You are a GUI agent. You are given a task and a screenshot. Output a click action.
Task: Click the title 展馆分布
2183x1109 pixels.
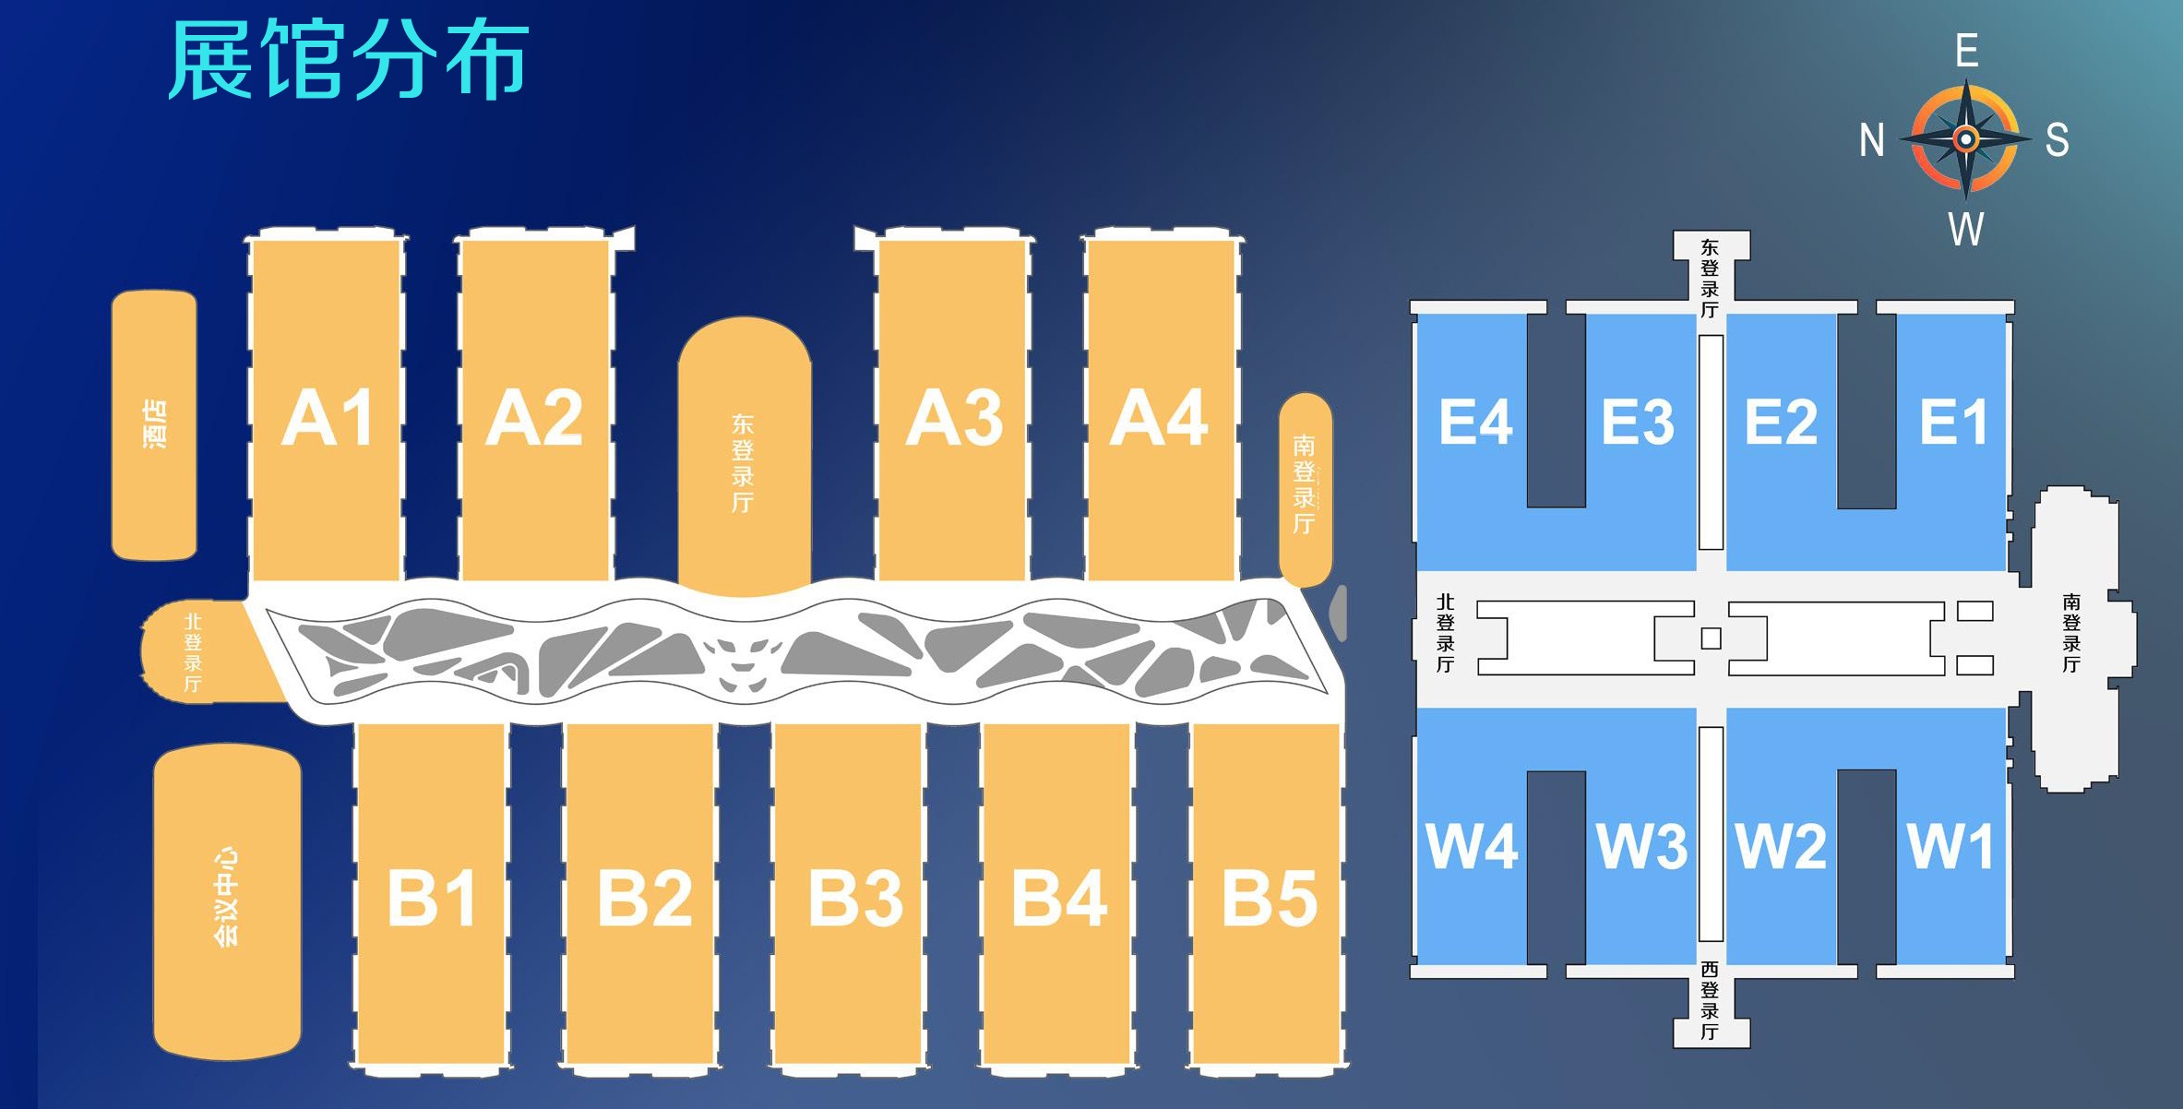tap(348, 60)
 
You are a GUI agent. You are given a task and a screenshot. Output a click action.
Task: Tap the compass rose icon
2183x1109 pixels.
tap(1966, 139)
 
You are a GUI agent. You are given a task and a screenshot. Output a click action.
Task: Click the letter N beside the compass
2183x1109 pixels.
tap(1872, 140)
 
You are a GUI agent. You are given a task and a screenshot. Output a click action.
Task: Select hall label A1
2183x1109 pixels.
tap(328, 418)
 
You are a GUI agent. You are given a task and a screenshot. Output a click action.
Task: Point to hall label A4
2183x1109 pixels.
tap(1159, 418)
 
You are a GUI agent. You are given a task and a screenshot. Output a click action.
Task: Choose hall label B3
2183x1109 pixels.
tap(855, 898)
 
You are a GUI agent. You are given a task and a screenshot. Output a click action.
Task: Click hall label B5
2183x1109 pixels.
tap(1270, 898)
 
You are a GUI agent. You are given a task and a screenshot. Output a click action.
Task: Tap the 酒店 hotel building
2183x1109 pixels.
tap(154, 425)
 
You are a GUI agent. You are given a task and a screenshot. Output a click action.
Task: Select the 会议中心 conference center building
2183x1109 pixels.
tap(227, 901)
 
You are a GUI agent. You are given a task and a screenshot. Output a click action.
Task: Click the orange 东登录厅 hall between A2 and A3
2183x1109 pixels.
tap(745, 457)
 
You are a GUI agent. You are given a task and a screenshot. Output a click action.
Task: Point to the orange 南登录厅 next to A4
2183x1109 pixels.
tap(1306, 490)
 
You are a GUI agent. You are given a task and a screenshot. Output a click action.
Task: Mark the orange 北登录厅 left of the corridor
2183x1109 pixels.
tap(198, 651)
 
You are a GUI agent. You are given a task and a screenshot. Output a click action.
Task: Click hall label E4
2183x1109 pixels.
tap(1475, 423)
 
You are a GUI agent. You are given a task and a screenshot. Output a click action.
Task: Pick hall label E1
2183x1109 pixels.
tap(1953, 423)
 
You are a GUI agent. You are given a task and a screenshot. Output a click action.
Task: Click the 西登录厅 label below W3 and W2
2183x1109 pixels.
tap(1710, 1000)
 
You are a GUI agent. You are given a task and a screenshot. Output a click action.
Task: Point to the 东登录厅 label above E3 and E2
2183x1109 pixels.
tap(1710, 279)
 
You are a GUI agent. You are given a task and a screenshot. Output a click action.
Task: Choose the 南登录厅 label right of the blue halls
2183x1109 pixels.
tap(2071, 633)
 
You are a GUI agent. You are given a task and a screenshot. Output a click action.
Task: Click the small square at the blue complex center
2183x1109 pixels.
tap(1712, 638)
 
